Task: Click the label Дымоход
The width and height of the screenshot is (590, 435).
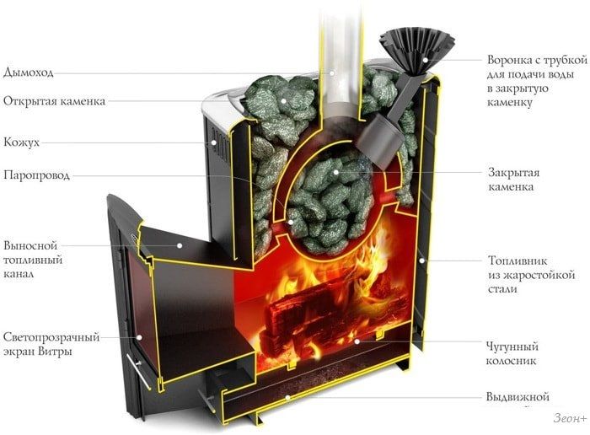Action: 29,72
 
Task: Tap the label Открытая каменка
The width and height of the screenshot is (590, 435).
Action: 54,101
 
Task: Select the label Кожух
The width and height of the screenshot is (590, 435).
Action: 21,142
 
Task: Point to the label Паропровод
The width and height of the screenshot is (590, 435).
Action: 36,175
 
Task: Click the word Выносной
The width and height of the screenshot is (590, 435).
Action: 30,245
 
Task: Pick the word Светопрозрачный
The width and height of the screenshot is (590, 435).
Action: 51,337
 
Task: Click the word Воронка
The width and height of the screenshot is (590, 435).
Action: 509,60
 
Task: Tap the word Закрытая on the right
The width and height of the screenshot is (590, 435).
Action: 513,173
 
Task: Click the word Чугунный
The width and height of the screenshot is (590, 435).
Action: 512,346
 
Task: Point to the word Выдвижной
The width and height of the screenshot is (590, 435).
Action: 518,397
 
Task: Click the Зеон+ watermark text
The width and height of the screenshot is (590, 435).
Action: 570,418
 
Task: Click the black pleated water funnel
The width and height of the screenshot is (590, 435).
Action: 416,49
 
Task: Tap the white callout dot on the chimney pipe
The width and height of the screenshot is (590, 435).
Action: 332,72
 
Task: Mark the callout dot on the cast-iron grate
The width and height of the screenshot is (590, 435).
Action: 357,341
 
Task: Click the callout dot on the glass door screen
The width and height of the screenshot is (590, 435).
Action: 139,337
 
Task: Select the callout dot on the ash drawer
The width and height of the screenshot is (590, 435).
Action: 287,397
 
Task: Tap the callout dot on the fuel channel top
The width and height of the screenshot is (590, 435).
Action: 180,245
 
